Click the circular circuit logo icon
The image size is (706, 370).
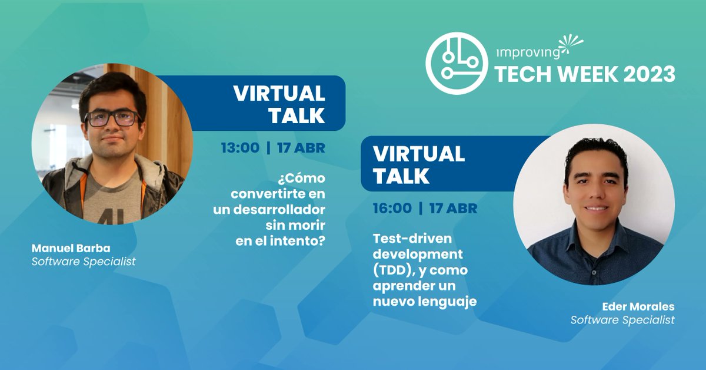point(457,64)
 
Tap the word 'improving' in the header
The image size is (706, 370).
point(528,52)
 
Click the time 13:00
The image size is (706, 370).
point(240,147)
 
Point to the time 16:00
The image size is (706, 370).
point(392,208)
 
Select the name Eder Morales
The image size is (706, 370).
point(638,306)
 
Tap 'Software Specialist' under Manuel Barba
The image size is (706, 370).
point(84,261)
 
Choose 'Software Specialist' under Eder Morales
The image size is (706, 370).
point(622,320)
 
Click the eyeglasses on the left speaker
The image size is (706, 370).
point(112,118)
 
